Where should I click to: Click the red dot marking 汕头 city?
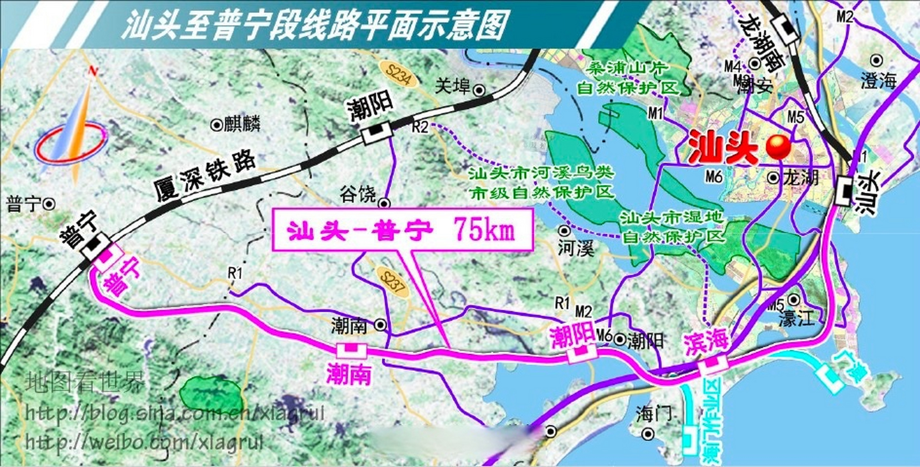tap(778, 147)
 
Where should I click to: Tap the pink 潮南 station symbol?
tap(351, 350)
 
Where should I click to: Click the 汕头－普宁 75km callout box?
tap(403, 230)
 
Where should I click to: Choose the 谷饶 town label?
tap(357, 194)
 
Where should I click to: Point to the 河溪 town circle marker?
tap(565, 231)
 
